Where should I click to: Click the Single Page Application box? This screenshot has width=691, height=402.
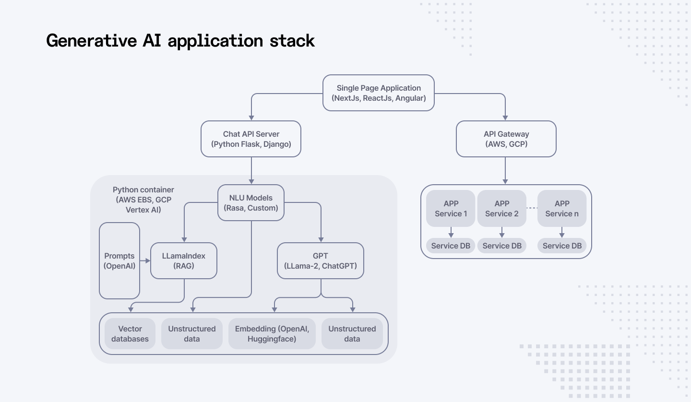click(x=379, y=93)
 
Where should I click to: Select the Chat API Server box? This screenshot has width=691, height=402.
click(x=251, y=139)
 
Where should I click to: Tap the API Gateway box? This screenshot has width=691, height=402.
click(x=506, y=139)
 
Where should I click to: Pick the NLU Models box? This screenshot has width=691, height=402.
click(x=251, y=203)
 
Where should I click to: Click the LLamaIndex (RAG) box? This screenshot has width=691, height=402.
click(x=184, y=260)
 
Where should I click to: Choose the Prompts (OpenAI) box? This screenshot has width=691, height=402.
click(x=119, y=260)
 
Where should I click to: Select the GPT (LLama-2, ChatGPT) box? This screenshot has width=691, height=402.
click(x=321, y=260)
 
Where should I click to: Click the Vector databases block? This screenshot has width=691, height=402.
click(x=130, y=334)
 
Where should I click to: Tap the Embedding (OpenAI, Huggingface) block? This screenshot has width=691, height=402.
click(x=272, y=334)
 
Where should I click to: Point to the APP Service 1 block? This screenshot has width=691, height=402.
click(x=451, y=209)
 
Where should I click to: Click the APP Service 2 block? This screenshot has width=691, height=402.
click(x=501, y=209)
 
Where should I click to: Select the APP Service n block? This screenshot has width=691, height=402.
click(x=562, y=209)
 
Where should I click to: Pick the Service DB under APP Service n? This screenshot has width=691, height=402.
click(x=562, y=246)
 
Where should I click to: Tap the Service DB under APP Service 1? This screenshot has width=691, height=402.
click(x=451, y=246)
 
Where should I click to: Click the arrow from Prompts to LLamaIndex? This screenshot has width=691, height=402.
click(x=145, y=261)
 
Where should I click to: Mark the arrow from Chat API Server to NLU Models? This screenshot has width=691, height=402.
click(x=251, y=171)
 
